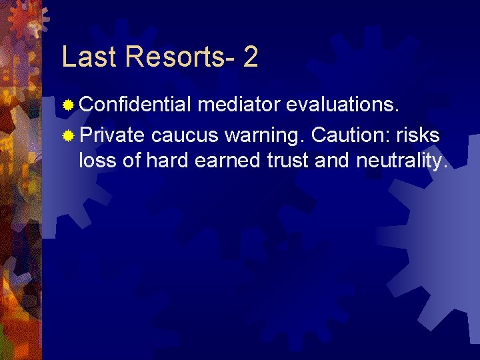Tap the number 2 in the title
click(x=250, y=57)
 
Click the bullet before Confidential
click(x=68, y=105)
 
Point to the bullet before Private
click(x=68, y=135)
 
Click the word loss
click(x=97, y=161)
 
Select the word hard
click(x=166, y=161)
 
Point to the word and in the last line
click(x=339, y=161)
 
